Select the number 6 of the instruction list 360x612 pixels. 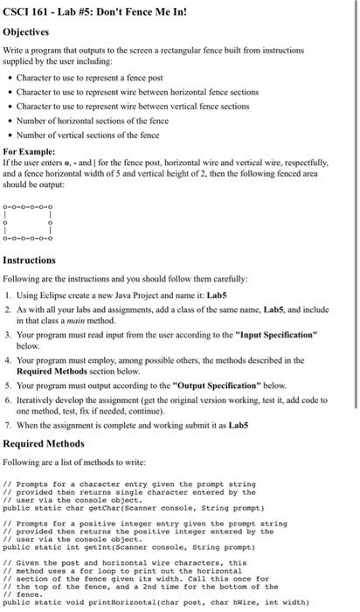click(10, 399)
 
